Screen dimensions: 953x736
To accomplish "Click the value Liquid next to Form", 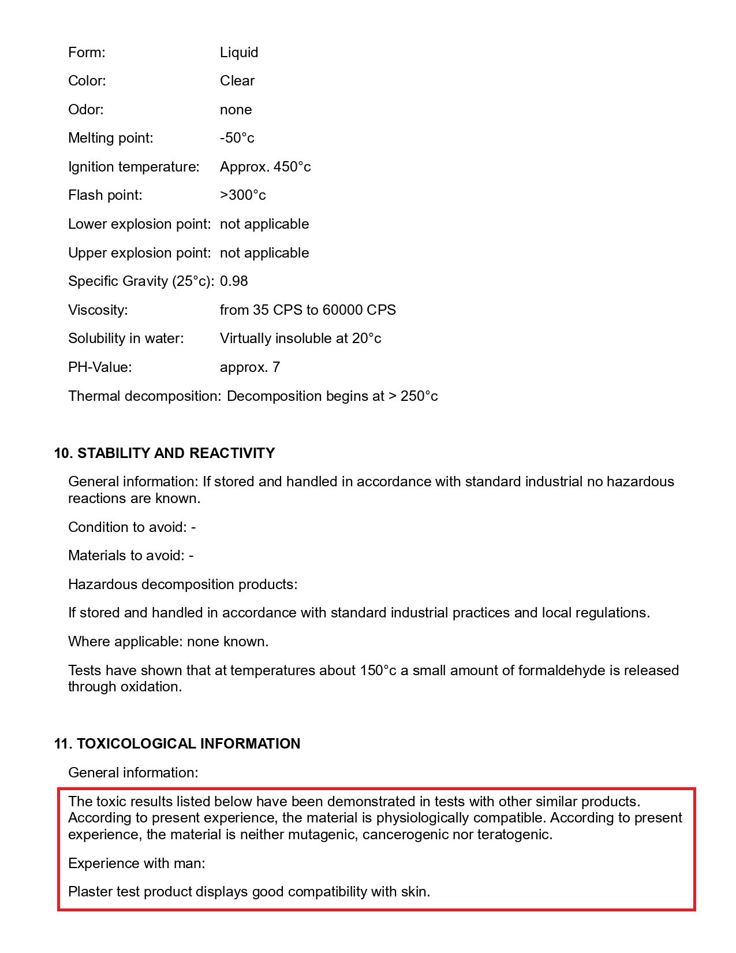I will tap(239, 53).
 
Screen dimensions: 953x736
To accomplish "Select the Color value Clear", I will tap(237, 81).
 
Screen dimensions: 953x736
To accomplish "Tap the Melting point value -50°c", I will tap(237, 138).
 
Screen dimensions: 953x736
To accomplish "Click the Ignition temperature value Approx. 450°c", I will tap(265, 167).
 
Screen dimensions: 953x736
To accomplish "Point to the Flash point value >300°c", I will tap(243, 195).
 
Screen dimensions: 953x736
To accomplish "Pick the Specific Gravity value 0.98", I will tap(234, 281).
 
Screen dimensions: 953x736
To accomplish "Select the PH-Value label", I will tap(100, 367).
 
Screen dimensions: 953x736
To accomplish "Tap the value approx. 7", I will tap(250, 367).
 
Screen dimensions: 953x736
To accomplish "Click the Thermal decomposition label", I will tap(144, 396).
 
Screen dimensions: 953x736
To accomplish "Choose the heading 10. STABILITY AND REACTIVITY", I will tap(165, 453).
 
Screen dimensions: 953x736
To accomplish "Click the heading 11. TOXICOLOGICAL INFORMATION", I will tap(177, 744).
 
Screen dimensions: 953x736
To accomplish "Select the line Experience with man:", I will tap(137, 863).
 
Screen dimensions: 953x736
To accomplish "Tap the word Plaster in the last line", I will tap(90, 892).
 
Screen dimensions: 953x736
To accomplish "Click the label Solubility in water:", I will tap(126, 338).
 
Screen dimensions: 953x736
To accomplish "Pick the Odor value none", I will tap(236, 110).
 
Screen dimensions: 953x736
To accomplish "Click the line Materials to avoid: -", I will tap(131, 556).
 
